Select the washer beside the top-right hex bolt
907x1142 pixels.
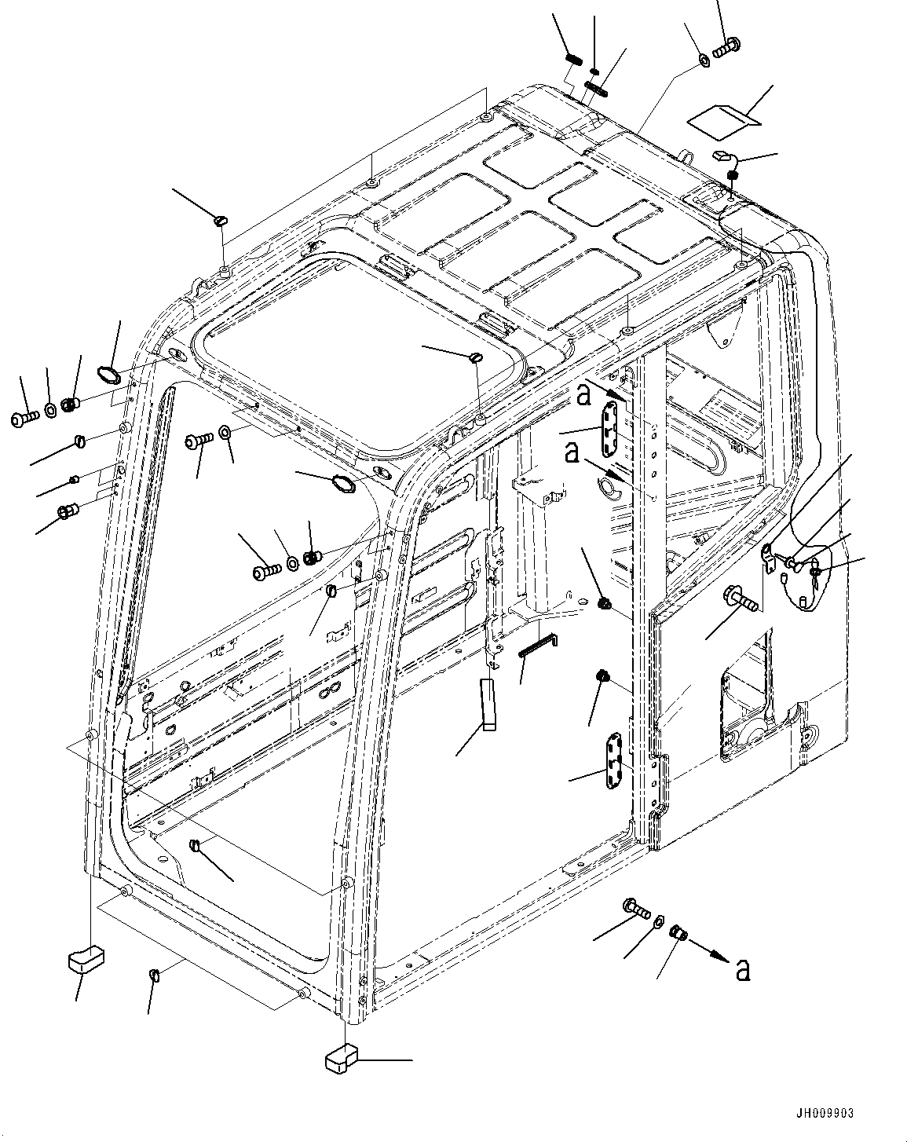(x=704, y=60)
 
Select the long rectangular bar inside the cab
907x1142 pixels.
(x=489, y=705)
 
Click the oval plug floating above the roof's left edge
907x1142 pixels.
(x=219, y=221)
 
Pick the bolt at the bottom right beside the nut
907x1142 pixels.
(x=637, y=909)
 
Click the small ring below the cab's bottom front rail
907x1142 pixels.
(x=155, y=975)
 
